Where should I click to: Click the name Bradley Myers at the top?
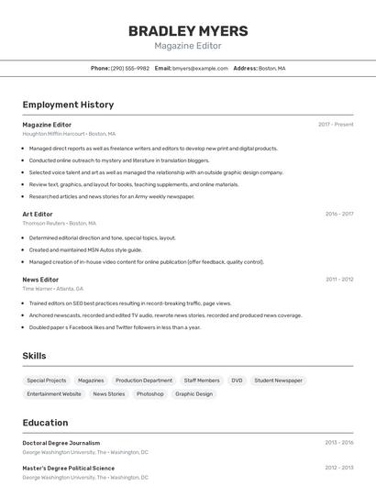[187, 30]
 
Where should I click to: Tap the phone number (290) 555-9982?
[129, 68]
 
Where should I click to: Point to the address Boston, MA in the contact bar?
[271, 68]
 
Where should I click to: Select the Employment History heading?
[68, 105]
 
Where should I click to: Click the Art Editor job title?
[38, 214]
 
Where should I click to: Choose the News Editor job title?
[40, 279]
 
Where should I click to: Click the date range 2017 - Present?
[336, 124]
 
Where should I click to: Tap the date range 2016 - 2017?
[338, 214]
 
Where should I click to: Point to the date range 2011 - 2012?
[338, 279]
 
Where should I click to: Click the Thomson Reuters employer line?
[59, 223]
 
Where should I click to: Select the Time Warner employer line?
[52, 288]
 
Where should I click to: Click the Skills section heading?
[34, 356]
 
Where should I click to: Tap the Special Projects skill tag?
[46, 380]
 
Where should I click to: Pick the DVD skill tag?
[237, 380]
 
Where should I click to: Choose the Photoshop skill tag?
[149, 393]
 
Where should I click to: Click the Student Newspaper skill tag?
[278, 380]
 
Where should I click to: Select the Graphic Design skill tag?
[194, 393]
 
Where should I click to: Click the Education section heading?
[45, 423]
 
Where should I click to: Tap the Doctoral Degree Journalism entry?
[61, 442]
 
